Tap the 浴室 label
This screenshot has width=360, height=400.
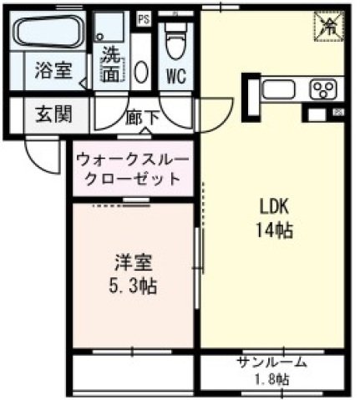[x=53, y=71]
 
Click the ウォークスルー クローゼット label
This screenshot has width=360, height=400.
[x=133, y=169]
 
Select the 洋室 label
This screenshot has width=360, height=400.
[x=133, y=263]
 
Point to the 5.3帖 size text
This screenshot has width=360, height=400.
[x=134, y=286]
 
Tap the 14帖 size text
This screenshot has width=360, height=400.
[x=272, y=230]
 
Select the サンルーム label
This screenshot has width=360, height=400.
[x=271, y=362]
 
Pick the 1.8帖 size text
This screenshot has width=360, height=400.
[x=272, y=380]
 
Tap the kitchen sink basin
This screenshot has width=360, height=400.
[x=280, y=89]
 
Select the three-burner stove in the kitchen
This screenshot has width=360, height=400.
[x=323, y=89]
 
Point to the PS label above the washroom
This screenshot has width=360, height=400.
[x=143, y=17]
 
